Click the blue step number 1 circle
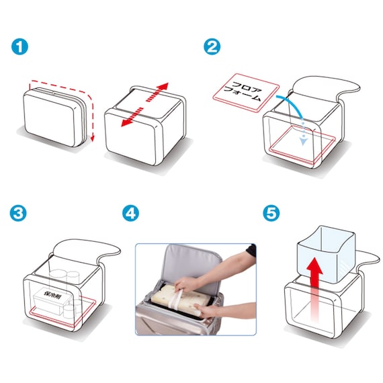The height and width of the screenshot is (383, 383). click(x=19, y=46)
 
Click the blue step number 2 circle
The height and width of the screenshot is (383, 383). click(x=212, y=46)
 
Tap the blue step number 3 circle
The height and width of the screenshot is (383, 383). click(x=18, y=213)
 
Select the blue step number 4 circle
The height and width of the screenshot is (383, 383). click(x=130, y=213)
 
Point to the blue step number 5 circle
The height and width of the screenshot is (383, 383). click(x=271, y=213)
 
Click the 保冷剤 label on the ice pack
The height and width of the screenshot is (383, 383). click(x=52, y=295)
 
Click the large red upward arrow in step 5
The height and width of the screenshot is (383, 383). click(x=314, y=291)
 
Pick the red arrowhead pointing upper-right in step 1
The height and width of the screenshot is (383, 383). click(x=163, y=87)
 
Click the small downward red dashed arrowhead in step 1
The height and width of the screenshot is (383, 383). click(x=92, y=139)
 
